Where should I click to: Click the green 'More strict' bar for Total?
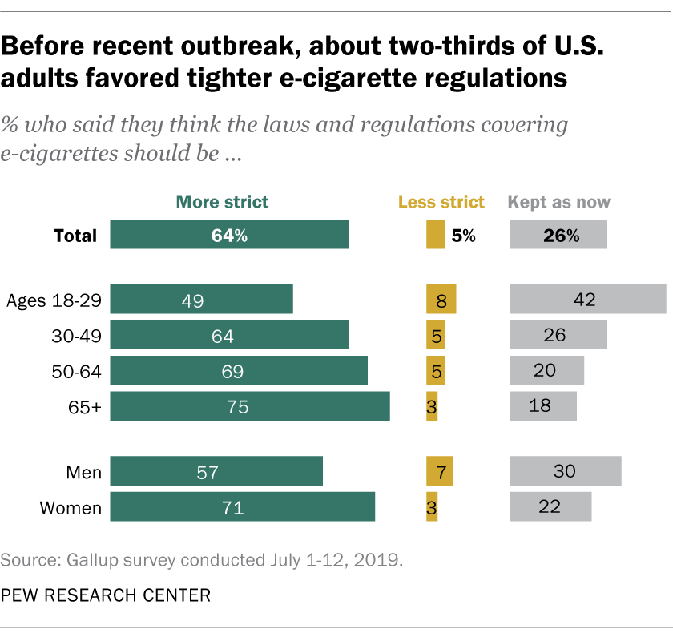tap(229, 236)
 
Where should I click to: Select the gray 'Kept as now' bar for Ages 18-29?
tap(587, 300)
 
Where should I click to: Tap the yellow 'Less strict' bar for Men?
tap(439, 471)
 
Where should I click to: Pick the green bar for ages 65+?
tap(250, 406)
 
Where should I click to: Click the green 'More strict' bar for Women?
tap(242, 507)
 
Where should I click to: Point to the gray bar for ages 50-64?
tap(546, 371)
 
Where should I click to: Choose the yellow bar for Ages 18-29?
tap(441, 300)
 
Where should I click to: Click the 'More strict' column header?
tap(222, 202)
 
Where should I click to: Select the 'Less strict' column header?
tap(441, 202)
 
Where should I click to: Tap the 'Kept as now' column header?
tap(559, 202)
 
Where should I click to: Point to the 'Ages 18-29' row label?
tap(54, 300)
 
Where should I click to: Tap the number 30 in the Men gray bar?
tap(565, 471)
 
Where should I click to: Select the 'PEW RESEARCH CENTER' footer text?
tap(106, 595)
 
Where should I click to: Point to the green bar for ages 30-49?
tap(229, 336)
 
